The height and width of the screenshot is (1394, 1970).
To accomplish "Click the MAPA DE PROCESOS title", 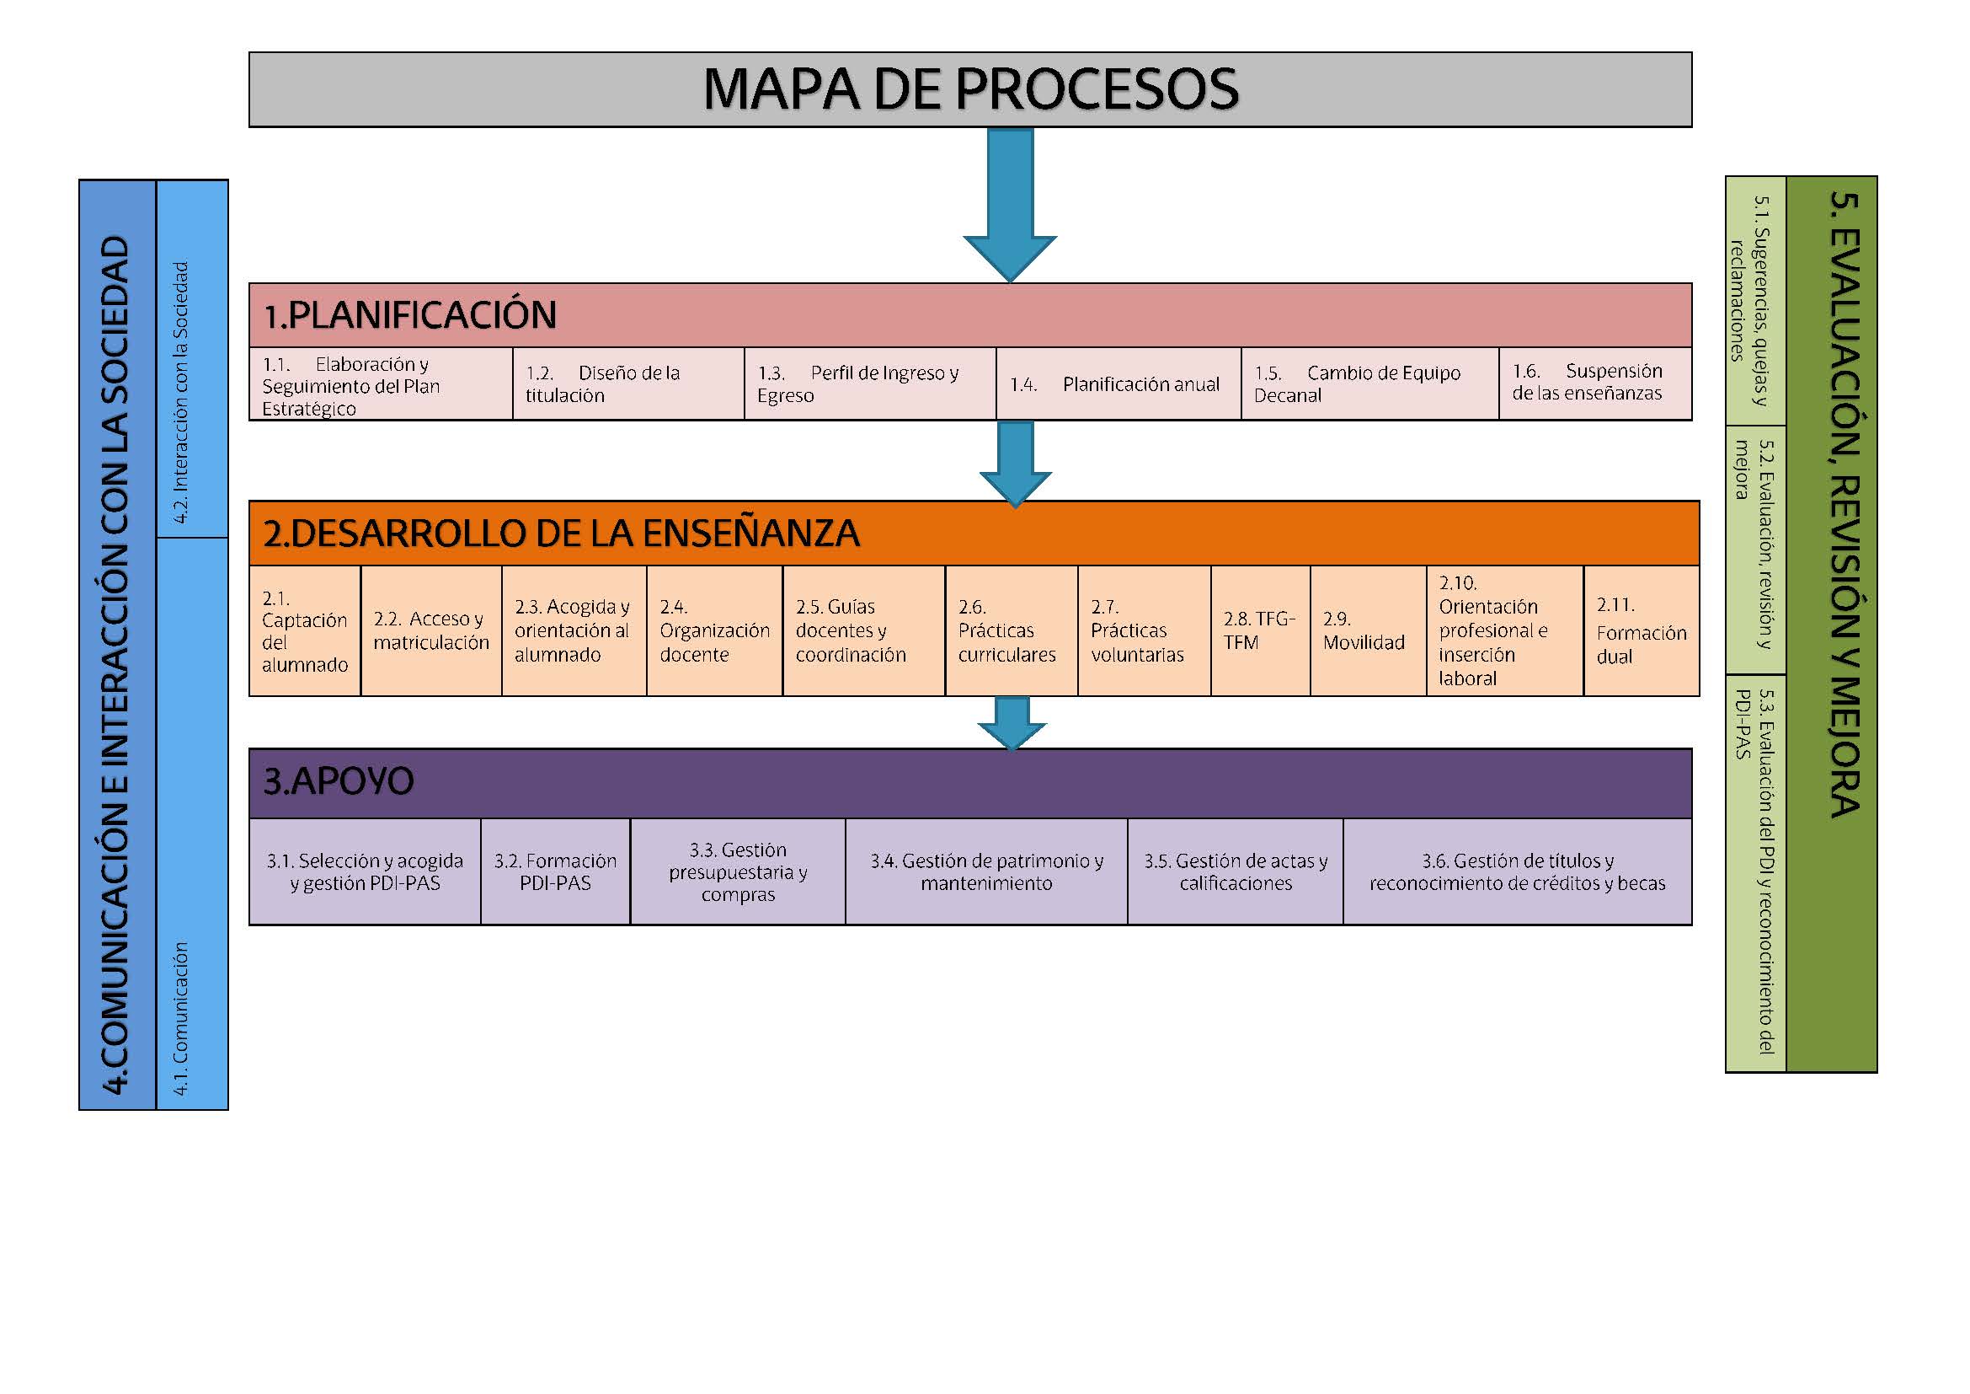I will [969, 89].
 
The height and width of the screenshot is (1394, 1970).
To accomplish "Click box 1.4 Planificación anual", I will [1118, 383].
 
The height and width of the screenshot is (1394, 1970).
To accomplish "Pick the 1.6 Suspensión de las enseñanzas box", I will [1594, 383].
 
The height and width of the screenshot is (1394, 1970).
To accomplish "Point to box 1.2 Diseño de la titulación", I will [627, 383].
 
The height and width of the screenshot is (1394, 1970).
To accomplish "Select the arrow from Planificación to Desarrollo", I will [1016, 462].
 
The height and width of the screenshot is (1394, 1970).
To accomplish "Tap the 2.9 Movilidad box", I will [1368, 630].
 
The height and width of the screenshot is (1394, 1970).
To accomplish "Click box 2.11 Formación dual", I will [1641, 630].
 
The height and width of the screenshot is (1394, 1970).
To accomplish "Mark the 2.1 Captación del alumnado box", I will [305, 630].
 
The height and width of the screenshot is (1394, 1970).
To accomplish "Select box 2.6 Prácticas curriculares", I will [1011, 630].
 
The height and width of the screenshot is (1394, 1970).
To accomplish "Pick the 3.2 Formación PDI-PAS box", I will [555, 871].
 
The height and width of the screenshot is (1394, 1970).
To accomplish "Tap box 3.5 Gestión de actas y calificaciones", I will [1235, 871].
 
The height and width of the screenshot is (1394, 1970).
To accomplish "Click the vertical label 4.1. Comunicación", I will [181, 1017].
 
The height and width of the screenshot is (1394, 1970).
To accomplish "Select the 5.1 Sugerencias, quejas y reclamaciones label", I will [1749, 300].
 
